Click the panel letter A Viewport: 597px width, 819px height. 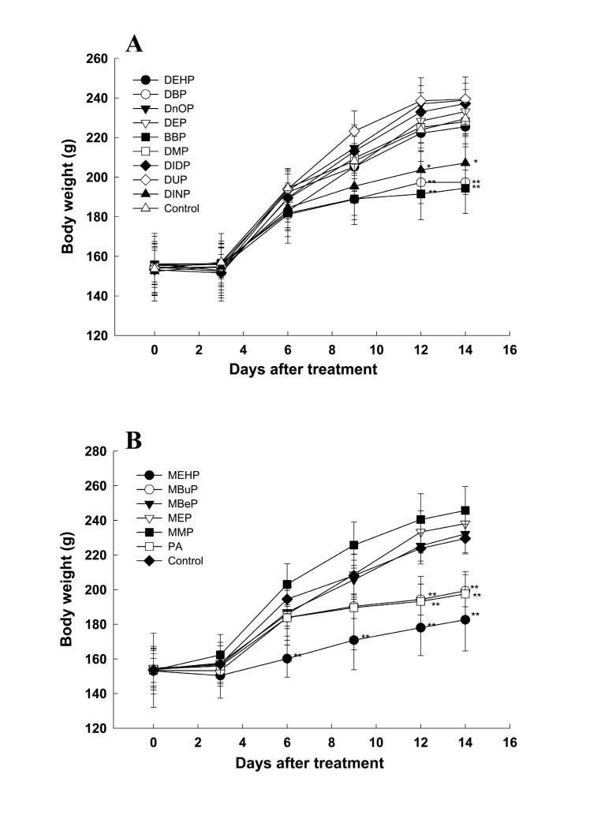[x=135, y=43]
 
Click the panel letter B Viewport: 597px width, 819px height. [x=134, y=439]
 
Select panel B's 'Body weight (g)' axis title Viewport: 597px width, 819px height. [x=69, y=589]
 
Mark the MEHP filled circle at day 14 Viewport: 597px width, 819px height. [x=465, y=619]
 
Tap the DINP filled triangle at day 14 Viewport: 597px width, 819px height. [x=465, y=163]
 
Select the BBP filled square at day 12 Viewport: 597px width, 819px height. [x=421, y=193]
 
